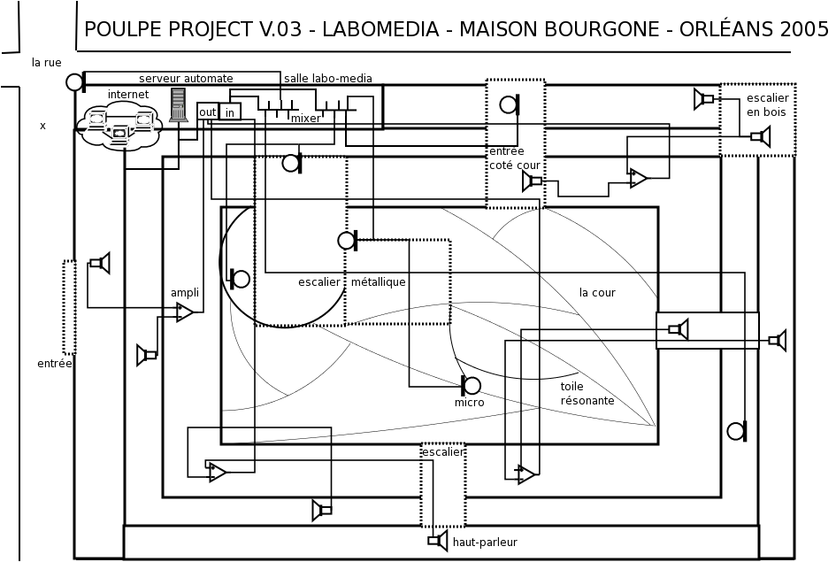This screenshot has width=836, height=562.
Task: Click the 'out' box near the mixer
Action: [207, 112]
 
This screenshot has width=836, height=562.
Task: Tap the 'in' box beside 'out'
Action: [230, 112]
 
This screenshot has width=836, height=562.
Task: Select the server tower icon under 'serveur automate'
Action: [179, 105]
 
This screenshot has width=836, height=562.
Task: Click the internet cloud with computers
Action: [119, 127]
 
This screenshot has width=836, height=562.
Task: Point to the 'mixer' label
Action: [306, 119]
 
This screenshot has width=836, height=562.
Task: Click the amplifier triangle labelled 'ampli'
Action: [185, 312]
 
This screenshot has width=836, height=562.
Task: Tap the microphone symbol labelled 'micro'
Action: [471, 385]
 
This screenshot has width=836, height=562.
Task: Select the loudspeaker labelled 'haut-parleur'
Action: [438, 541]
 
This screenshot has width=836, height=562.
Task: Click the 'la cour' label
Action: [597, 292]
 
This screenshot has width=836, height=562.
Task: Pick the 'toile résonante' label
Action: [587, 393]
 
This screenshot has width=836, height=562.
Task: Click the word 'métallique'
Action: [378, 281]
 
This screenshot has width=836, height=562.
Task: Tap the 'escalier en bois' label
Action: [767, 104]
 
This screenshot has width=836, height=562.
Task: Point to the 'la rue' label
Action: [46, 62]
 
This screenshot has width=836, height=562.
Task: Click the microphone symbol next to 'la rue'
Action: [76, 82]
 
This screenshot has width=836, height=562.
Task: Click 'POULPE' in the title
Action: [123, 29]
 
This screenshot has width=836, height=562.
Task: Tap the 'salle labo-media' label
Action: [328, 79]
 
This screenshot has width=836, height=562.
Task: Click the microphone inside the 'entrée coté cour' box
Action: [510, 104]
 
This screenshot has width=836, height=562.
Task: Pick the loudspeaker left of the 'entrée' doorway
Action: [100, 263]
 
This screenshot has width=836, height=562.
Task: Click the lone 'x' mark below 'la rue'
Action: [42, 126]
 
